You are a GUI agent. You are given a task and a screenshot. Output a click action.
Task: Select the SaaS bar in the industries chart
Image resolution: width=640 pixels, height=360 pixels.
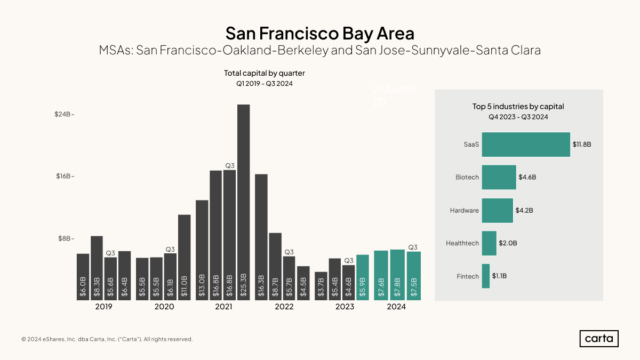click(x=526, y=145)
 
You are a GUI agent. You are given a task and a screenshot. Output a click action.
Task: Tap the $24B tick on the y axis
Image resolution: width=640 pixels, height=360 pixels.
click(x=65, y=114)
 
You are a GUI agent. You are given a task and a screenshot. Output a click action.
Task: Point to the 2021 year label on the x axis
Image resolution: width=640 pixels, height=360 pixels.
click(x=223, y=307)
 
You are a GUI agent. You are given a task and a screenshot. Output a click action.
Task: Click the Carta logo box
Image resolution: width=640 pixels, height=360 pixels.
click(x=599, y=339)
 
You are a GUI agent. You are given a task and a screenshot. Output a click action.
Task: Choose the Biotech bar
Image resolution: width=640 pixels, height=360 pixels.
click(x=499, y=177)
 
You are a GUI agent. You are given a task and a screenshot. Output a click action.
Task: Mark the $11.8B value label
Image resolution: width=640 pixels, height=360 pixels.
click(x=582, y=145)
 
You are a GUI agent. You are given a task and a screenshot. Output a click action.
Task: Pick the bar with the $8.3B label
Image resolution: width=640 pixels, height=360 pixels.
click(x=97, y=268)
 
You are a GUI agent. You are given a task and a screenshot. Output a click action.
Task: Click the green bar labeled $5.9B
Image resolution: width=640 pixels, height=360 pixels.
click(x=363, y=277)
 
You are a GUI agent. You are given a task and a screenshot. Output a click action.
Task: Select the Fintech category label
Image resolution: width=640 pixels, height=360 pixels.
click(x=468, y=276)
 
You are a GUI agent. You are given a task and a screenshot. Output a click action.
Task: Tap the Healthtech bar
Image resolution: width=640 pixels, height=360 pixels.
click(x=489, y=243)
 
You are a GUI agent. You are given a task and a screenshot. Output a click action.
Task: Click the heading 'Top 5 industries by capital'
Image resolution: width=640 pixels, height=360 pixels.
click(x=518, y=107)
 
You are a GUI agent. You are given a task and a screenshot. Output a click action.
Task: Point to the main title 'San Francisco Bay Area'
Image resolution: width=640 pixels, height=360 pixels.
click(x=319, y=33)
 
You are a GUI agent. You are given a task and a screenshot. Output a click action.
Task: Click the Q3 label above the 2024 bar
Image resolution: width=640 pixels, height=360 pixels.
click(x=413, y=247)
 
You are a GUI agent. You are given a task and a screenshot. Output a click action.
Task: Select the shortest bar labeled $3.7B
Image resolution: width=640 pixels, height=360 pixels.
click(x=321, y=286)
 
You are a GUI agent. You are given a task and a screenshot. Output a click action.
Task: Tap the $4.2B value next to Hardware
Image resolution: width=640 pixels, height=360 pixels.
click(x=524, y=210)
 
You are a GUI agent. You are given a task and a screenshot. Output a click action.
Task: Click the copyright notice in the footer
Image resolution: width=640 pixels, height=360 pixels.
click(x=107, y=339)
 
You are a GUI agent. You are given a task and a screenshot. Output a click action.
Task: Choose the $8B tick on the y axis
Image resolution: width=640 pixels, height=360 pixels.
click(x=65, y=238)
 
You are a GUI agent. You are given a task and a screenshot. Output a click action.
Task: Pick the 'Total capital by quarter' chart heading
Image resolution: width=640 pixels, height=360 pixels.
click(x=265, y=73)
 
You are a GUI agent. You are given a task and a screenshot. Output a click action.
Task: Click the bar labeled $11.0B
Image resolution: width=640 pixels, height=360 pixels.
click(x=184, y=257)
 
